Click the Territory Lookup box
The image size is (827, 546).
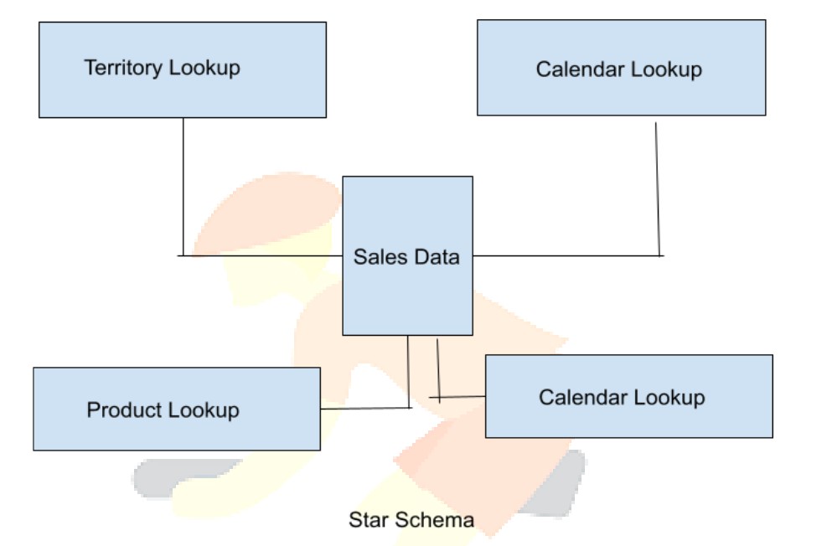point(183,70)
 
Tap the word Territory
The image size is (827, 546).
point(123,68)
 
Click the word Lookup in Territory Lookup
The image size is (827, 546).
point(204,68)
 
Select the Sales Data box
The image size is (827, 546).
point(408,255)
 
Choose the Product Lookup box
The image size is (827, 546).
point(177,409)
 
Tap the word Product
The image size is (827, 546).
point(122,410)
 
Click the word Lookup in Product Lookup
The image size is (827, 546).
point(203,410)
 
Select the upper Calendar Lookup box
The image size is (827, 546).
point(622,68)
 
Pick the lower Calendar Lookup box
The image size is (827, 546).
point(628,396)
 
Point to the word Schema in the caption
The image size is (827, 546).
point(435,520)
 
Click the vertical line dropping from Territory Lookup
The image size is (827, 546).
point(183,187)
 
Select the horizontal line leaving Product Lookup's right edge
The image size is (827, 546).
point(366,408)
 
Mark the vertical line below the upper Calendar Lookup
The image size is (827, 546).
point(658,190)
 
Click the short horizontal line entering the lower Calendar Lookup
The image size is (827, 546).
point(457,396)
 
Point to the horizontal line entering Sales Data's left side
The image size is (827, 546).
point(260,255)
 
